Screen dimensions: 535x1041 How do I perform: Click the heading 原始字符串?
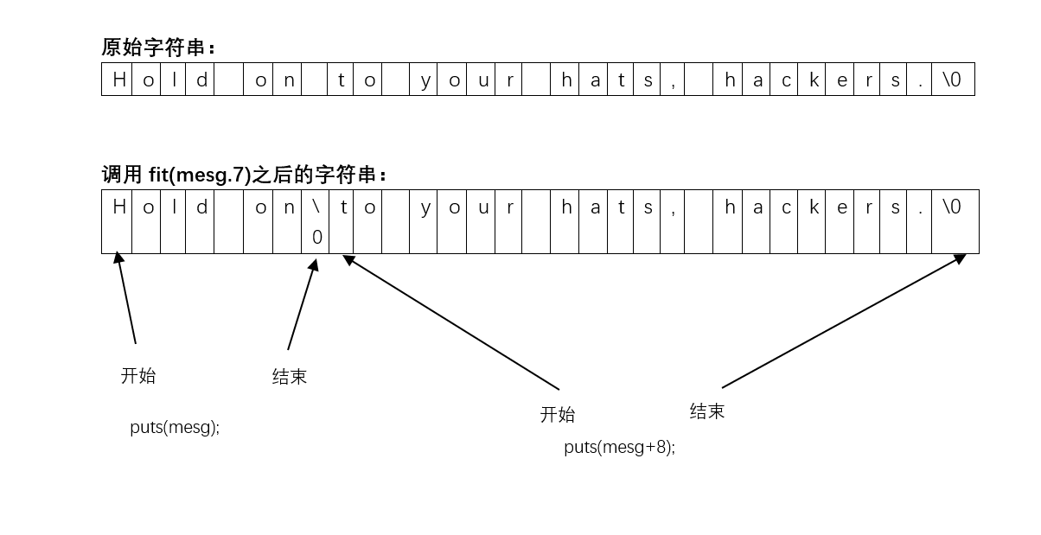pos(158,47)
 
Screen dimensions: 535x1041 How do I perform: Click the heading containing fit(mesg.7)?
pos(245,175)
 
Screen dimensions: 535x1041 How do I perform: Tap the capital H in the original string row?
pos(119,80)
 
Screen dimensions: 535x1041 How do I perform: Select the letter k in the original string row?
pos(814,80)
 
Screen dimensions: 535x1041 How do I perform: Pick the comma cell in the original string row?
pos(672,80)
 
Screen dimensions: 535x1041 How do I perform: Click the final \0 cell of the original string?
pos(952,80)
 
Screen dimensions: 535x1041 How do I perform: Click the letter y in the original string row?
pos(425,80)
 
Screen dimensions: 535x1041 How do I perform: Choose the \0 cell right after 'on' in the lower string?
pos(316,221)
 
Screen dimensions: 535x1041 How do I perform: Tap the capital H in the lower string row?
pos(119,207)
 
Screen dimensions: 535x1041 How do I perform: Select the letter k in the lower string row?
pos(814,207)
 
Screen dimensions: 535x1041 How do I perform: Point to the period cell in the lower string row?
pos(920,207)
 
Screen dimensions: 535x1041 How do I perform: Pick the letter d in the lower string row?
pos(201,207)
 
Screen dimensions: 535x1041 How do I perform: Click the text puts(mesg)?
pos(175,427)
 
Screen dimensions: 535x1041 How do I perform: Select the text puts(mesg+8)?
pos(619,447)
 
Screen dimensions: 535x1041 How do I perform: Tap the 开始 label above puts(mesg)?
pos(138,376)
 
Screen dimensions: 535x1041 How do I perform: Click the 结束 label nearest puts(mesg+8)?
pos(707,411)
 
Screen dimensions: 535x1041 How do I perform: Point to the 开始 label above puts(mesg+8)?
pos(558,415)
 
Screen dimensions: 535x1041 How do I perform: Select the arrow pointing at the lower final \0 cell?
pos(844,321)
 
